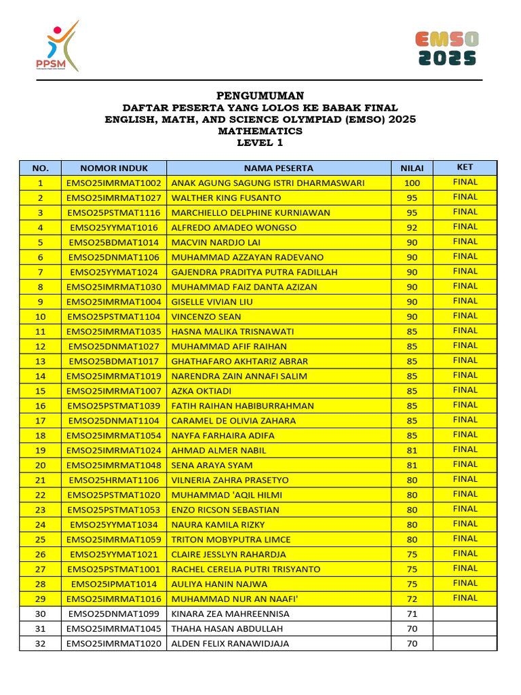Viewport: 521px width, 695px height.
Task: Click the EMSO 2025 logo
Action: pos(446,49)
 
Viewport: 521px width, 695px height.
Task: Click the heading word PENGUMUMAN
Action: pos(260,96)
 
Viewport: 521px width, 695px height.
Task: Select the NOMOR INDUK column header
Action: pos(113,168)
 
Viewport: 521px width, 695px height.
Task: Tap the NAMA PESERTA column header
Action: pos(278,168)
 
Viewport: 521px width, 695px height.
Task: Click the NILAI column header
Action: pos(412,168)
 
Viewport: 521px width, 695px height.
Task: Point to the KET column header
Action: pos(465,167)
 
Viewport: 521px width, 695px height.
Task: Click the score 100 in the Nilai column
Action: pos(412,183)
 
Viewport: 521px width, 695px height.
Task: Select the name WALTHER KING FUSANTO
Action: pos(226,198)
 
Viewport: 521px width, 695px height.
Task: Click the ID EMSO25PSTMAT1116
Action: pos(113,213)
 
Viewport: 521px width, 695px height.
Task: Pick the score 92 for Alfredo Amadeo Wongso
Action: pos(412,228)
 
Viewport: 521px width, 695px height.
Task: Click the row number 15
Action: pos(40,391)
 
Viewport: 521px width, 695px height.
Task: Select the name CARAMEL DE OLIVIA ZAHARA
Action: pos(233,421)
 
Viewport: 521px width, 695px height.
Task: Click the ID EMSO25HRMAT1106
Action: pos(113,480)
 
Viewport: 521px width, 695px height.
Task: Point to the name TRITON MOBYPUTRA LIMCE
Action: pos(231,540)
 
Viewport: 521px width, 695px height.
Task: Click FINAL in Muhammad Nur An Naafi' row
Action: pos(465,598)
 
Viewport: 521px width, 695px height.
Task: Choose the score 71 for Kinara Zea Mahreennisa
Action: pos(412,614)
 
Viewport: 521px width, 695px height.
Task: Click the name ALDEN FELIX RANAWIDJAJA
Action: pos(230,643)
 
